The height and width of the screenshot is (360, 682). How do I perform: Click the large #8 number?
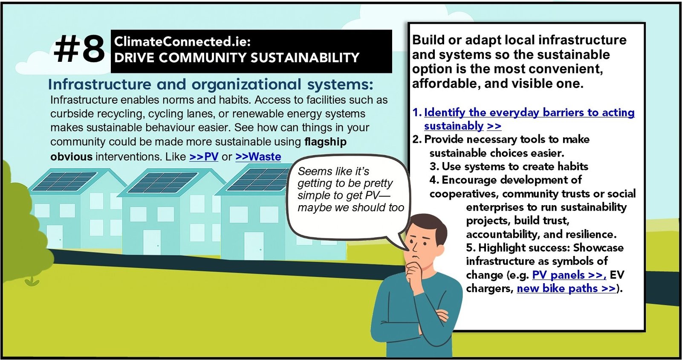click(79, 49)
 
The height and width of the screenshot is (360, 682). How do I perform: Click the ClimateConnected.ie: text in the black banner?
click(182, 41)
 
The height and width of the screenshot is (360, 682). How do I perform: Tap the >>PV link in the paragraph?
click(204, 157)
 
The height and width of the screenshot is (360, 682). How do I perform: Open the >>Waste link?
click(258, 157)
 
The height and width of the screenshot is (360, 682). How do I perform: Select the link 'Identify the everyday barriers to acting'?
click(529, 112)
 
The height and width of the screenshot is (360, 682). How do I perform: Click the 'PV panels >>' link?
click(569, 275)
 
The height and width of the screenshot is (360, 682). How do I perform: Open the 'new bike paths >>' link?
click(566, 288)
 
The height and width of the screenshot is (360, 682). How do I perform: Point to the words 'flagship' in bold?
click(326, 142)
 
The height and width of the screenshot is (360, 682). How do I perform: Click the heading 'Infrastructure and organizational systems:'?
click(211, 84)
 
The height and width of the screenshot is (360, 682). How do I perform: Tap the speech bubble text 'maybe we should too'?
click(351, 208)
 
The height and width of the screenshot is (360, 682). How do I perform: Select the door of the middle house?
click(152, 242)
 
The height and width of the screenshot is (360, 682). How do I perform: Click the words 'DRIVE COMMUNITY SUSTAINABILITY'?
click(237, 58)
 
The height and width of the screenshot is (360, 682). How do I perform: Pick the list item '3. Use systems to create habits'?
click(509, 167)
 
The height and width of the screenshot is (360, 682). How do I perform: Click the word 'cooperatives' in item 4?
click(464, 194)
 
